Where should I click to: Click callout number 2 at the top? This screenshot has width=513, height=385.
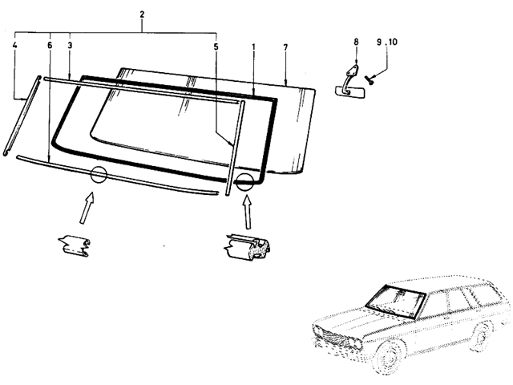142,16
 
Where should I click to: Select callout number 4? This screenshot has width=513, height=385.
15,47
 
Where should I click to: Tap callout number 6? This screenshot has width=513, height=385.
49,47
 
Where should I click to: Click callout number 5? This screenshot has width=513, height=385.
216,47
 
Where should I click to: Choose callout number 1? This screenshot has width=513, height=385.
253,47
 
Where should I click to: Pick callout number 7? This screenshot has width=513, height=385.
285,47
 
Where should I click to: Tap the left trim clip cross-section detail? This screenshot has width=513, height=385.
77,245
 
